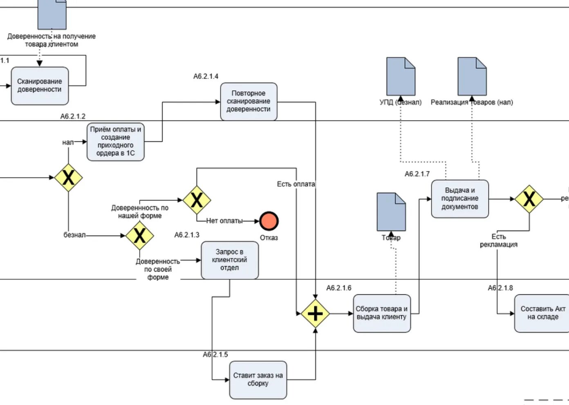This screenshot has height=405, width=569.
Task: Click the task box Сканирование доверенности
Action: coord(40,86)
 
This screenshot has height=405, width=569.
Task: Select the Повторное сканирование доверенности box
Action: coord(249,101)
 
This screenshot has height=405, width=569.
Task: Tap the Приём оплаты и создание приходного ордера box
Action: coord(116,141)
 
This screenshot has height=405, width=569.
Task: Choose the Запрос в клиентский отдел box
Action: coord(229,260)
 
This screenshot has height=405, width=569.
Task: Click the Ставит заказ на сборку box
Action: coord(258,380)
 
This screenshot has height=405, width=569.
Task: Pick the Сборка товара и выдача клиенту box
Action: coord(382,313)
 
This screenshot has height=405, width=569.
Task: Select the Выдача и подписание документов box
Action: coord(460,198)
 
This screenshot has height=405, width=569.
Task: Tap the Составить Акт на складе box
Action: coord(542,313)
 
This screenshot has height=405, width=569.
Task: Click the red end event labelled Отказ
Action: coord(269,221)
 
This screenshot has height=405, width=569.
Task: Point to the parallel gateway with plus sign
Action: coord(315,314)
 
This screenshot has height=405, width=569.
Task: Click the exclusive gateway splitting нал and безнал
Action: coord(68,178)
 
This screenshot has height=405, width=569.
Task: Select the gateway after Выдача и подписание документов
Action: coord(529,199)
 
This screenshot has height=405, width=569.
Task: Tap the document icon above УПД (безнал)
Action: coord(401,76)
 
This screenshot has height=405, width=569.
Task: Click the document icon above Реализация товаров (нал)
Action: coord(472,76)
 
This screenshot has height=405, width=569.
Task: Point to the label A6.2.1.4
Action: coord(206,76)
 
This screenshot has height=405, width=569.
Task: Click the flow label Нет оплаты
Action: coord(224,221)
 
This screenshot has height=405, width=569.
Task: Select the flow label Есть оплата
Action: coord(296,184)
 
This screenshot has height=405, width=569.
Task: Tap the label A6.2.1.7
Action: coord(417,174)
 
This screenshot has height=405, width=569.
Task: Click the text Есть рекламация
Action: coord(498,240)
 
